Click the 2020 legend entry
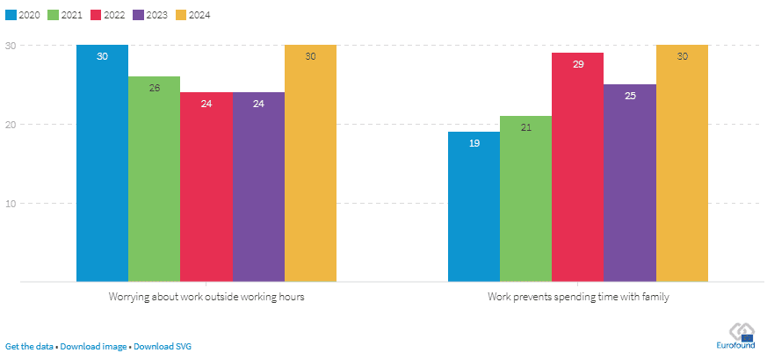coord(25,15)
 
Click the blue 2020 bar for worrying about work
coord(102,167)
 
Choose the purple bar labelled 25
coord(630,184)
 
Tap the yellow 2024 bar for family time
coord(682,167)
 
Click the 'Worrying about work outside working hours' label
coord(206,297)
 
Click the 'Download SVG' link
coord(163,346)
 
